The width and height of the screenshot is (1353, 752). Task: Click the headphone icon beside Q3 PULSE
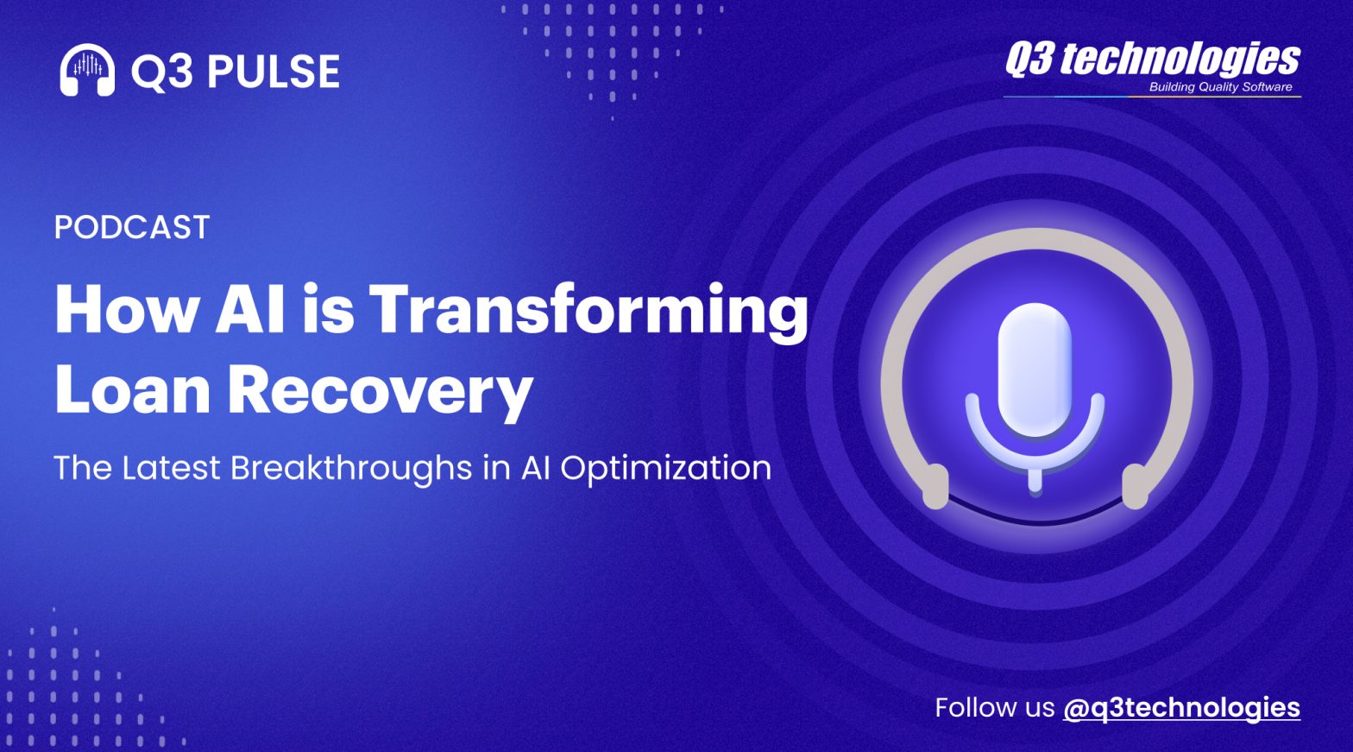click(87, 70)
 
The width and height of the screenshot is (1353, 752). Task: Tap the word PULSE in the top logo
click(274, 72)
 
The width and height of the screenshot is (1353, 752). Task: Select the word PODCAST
click(132, 227)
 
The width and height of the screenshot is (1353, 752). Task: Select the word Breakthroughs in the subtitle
click(351, 469)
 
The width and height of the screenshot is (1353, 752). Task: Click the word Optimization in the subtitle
click(665, 469)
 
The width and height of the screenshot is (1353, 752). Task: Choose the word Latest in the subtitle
click(171, 468)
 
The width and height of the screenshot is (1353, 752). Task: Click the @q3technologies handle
click(1181, 709)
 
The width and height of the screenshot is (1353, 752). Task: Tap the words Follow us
click(995, 707)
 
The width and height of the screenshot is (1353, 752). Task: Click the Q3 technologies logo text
click(1153, 60)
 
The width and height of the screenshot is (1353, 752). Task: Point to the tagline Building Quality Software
click(1220, 87)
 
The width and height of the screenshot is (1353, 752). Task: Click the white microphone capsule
click(1035, 369)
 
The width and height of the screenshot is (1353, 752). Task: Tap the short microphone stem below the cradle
click(1035, 481)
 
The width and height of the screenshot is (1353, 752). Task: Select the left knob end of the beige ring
click(935, 487)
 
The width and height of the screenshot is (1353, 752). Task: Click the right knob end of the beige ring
click(1135, 487)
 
